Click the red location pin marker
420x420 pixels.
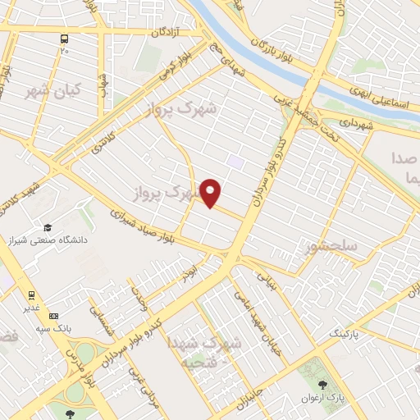212,192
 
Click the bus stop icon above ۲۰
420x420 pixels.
64,38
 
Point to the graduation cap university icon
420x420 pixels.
48,227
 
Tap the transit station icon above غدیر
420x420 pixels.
31,294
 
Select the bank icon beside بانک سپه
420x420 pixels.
54,316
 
